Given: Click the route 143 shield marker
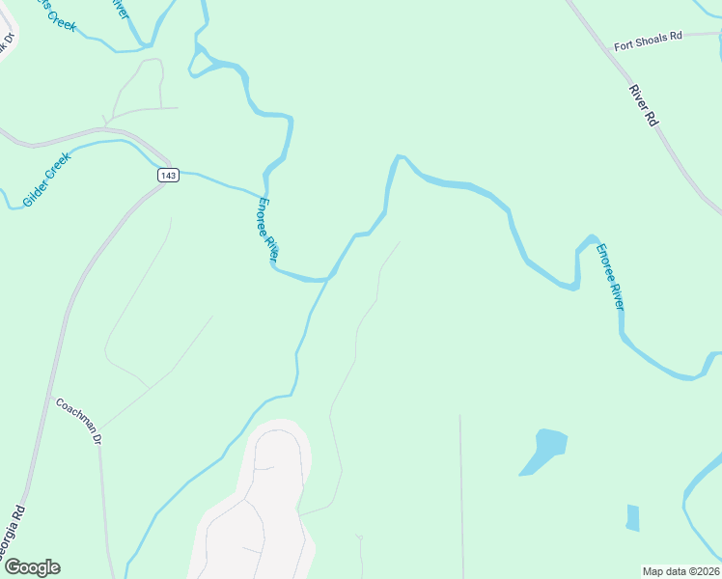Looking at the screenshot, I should click(168, 175).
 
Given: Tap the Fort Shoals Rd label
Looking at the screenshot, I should click(648, 36).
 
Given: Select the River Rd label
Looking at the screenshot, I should click(643, 106).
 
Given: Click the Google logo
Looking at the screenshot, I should click(31, 567).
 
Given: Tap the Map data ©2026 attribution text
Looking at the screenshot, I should click(681, 570).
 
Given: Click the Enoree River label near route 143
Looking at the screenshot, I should click(267, 229).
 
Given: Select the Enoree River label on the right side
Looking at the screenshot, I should click(610, 277).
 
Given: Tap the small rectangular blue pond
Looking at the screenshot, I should click(632, 518).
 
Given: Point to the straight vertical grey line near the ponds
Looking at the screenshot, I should click(460, 492).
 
